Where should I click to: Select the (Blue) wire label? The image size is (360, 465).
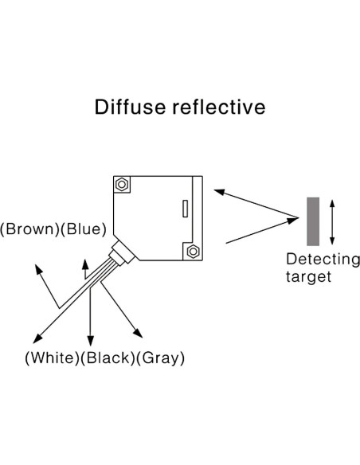click(86, 229)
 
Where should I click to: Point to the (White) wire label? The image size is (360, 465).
click(52, 358)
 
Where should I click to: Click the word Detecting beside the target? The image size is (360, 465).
click(323, 260)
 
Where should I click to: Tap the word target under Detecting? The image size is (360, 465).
click(309, 277)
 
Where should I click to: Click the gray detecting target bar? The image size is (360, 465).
click(313, 221)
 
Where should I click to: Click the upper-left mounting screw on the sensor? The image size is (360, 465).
click(121, 185)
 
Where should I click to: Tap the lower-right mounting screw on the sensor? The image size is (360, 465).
click(192, 252)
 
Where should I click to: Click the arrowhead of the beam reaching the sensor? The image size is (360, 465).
click(218, 191)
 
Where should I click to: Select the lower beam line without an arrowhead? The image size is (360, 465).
click(263, 231)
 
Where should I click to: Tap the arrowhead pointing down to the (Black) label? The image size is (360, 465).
click(90, 341)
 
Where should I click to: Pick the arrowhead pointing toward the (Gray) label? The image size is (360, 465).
click(139, 335)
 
